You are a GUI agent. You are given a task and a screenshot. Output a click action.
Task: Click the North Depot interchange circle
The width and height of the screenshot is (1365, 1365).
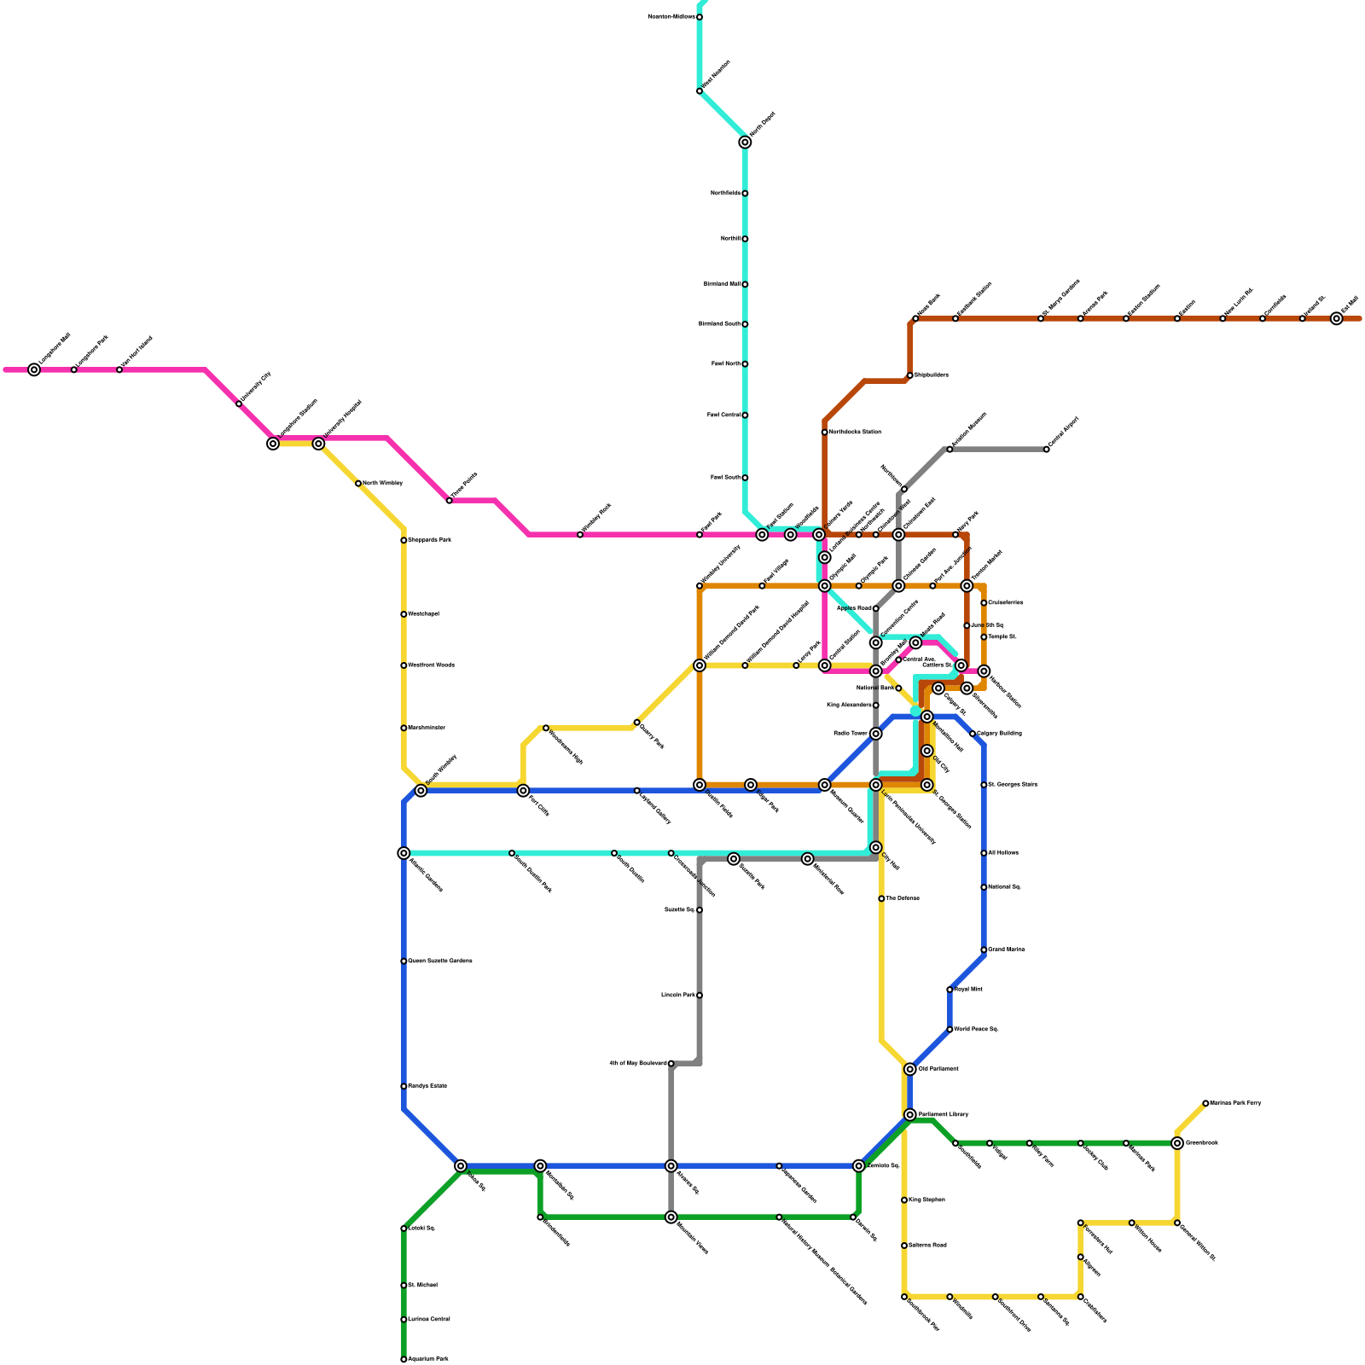pos(745,142)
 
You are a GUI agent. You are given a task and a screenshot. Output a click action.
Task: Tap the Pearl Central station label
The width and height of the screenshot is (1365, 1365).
pos(723,415)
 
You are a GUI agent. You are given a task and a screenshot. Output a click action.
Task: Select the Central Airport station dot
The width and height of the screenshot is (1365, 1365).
pos(1046,449)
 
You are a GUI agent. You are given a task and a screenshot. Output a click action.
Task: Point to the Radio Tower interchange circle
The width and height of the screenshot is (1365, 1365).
pos(875,734)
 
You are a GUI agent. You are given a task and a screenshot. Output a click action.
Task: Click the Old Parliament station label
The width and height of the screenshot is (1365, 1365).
pos(938,1069)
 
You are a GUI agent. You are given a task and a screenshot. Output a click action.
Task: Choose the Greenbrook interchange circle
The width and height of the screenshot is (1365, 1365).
pos(1177,1143)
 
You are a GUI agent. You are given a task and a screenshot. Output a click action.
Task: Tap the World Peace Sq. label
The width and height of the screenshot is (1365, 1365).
pos(976,1030)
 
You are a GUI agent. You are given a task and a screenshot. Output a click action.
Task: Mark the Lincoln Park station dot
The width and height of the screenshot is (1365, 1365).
pos(700,996)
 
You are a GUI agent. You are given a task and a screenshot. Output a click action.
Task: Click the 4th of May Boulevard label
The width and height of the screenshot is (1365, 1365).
pos(638,1064)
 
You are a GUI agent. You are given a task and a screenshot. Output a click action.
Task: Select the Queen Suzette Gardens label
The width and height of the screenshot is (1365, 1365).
pos(440,961)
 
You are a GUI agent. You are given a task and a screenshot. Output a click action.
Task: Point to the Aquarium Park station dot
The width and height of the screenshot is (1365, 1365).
pos(404,1359)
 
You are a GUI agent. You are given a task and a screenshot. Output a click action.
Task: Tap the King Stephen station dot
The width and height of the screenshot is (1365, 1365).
pos(904,1200)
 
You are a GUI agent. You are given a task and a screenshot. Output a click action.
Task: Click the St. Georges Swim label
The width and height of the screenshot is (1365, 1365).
pos(1013,785)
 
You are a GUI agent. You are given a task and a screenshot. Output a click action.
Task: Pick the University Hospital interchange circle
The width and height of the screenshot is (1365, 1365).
pos(318,444)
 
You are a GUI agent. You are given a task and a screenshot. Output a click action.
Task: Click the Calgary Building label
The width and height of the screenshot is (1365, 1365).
pos(999,734)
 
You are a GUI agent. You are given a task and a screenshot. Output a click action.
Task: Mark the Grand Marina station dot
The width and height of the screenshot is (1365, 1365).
pos(984,950)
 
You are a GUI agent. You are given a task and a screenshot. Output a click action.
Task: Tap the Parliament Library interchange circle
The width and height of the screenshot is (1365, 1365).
pos(910,1115)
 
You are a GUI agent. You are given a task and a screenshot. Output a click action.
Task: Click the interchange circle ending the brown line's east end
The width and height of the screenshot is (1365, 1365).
pos(1336,318)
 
